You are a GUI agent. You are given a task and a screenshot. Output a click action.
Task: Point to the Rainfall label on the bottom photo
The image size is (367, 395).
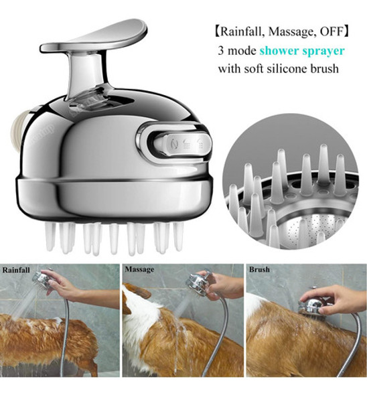click(x=17, y=271)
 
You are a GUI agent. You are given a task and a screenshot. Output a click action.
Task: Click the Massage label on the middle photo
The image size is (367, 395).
click(x=139, y=271)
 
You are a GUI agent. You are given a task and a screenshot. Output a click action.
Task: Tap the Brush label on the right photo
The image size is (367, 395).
click(x=259, y=270)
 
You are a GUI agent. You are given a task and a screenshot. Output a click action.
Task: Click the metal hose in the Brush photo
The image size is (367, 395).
click(x=348, y=348)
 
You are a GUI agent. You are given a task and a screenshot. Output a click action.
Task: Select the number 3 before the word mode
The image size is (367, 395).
click(x=220, y=50)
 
